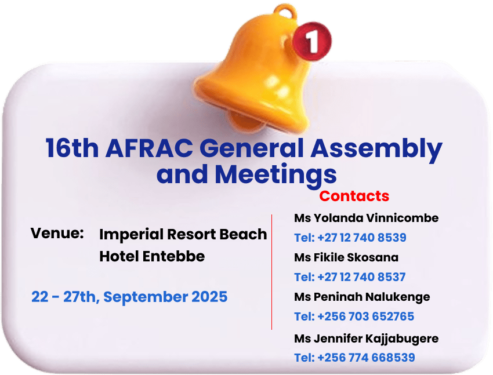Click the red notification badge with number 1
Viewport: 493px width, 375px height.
(312, 41)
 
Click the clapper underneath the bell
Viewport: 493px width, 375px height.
(245, 122)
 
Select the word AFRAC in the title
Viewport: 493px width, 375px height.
(149, 148)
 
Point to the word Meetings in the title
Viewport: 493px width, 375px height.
(275, 175)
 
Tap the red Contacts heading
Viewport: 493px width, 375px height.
(354, 196)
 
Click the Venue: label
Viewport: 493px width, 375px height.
(57, 233)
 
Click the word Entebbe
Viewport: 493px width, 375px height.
(173, 256)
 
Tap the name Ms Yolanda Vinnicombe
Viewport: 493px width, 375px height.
(367, 218)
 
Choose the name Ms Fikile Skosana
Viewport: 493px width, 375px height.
(346, 257)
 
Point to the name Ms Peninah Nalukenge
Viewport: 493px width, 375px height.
(362, 297)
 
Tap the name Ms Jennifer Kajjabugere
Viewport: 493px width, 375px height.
(367, 339)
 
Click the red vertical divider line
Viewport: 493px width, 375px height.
(271, 272)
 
